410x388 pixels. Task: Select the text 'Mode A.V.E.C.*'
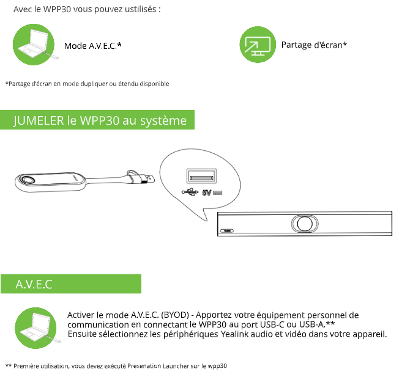coord(93,46)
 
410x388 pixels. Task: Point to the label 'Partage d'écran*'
coord(314,45)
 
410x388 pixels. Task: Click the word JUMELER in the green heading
coord(39,120)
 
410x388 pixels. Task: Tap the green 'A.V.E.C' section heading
coord(34,284)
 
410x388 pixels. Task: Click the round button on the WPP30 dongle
coord(28,180)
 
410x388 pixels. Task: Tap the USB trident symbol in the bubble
coord(190,192)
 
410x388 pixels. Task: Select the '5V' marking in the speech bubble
coord(206,193)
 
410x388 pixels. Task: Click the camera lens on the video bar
coord(304,223)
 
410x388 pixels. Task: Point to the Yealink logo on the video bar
coord(230,230)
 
